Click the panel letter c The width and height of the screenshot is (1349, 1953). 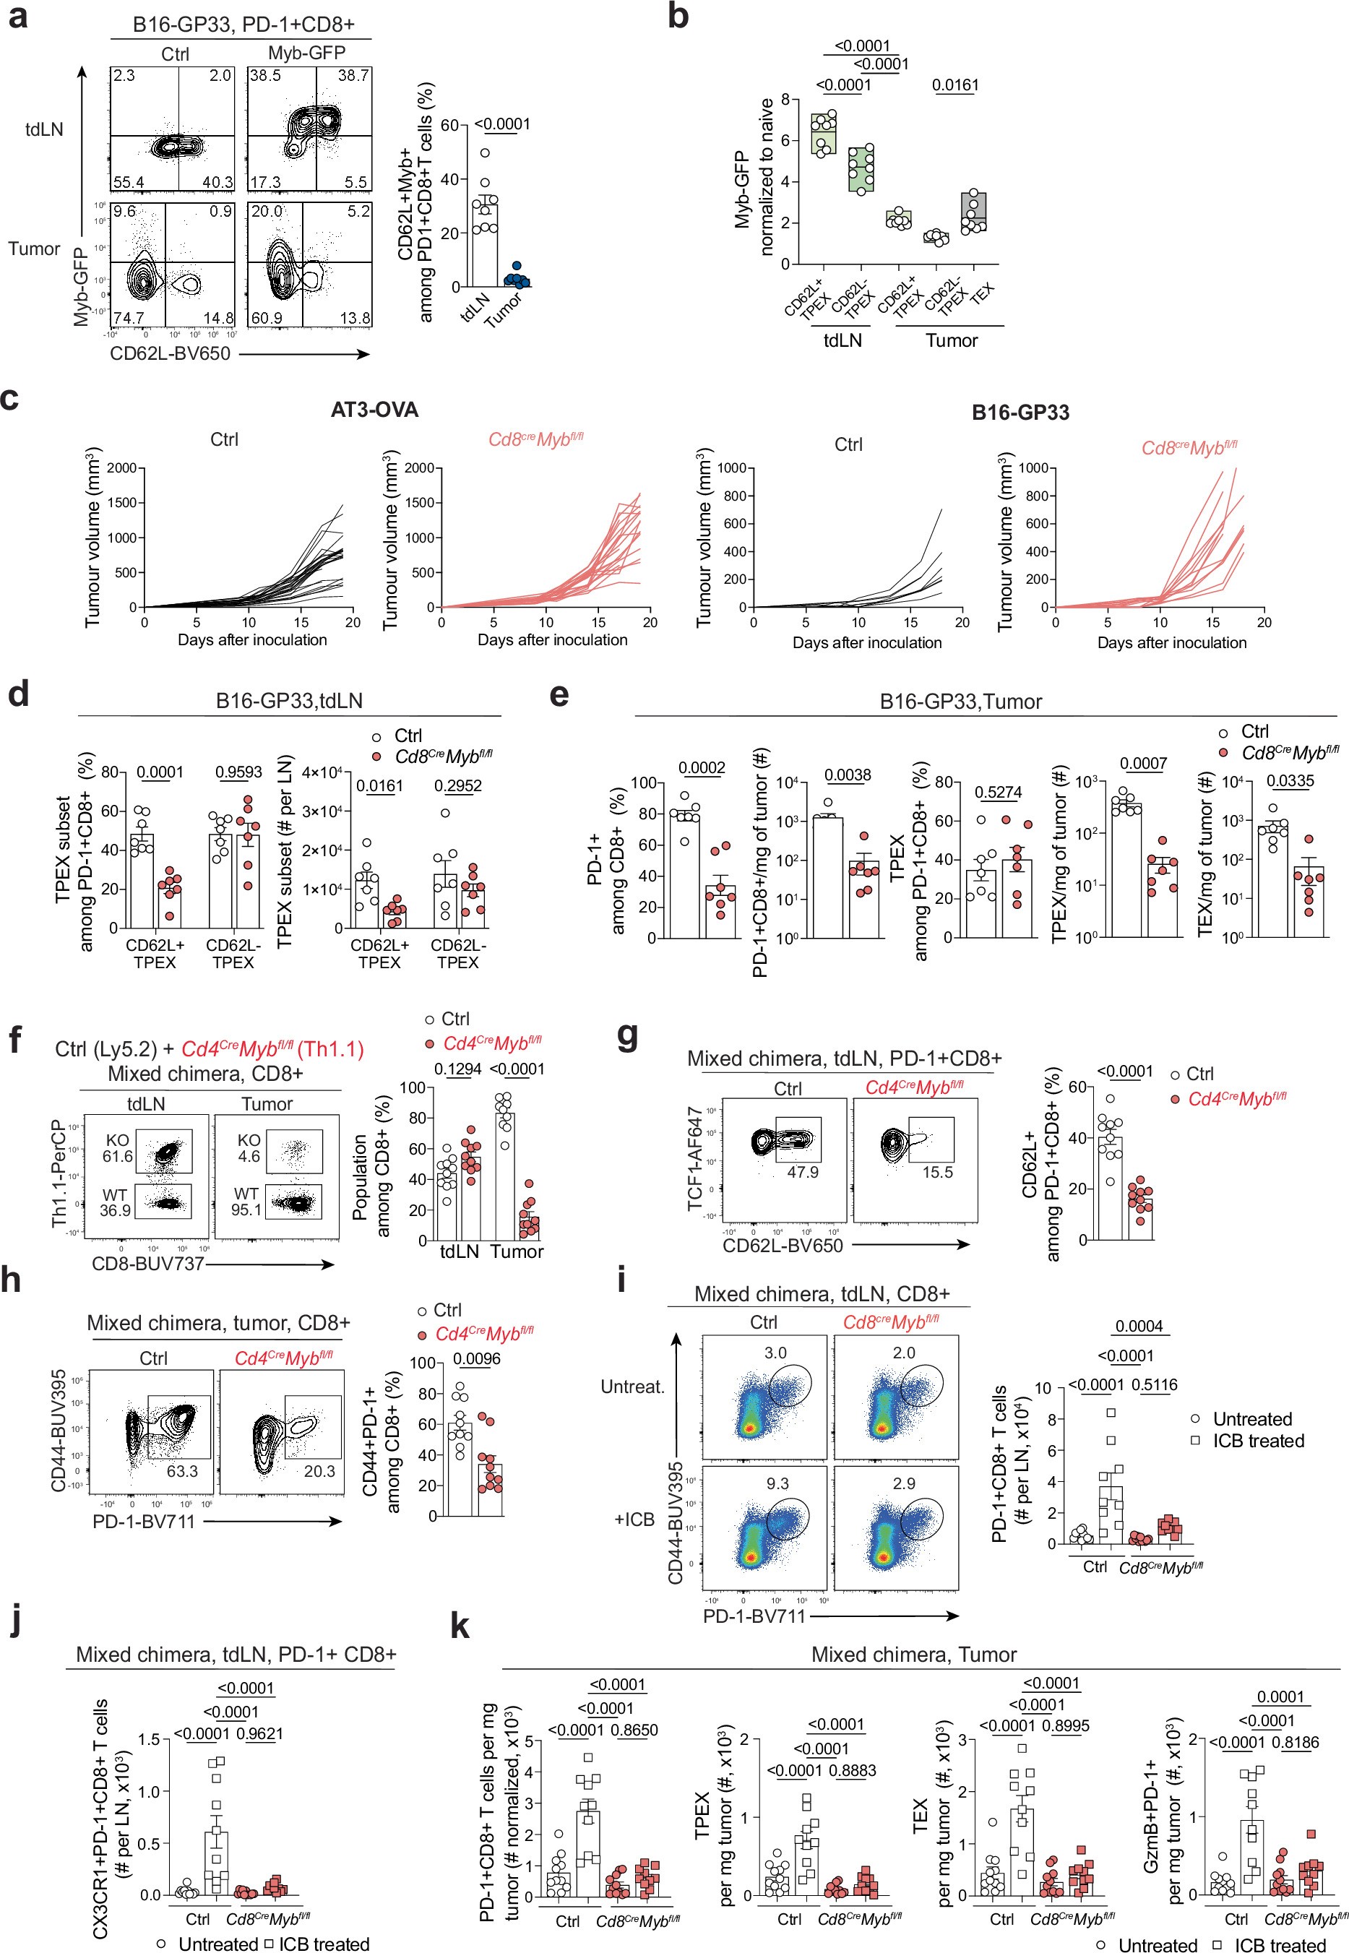click(x=10, y=398)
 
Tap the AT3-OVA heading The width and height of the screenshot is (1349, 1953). click(x=374, y=410)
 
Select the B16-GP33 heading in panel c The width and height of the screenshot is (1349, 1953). click(x=1020, y=413)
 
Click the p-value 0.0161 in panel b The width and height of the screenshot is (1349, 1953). click(x=955, y=85)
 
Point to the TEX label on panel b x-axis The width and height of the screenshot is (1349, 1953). click(x=983, y=294)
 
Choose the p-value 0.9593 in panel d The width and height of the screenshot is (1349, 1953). click(x=238, y=772)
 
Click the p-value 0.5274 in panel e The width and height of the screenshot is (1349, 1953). click(x=999, y=793)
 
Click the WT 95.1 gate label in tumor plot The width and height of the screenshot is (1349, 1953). click(x=248, y=1202)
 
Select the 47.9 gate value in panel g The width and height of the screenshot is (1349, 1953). click(x=802, y=1172)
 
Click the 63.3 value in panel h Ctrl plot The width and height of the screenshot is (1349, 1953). click(x=182, y=1471)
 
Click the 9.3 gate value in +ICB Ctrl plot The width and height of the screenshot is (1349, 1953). click(x=777, y=1484)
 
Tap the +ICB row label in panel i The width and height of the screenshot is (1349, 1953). click(x=635, y=1519)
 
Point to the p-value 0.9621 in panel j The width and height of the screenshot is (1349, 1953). click(x=259, y=1734)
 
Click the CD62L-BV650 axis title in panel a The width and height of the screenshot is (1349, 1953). click(x=170, y=354)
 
